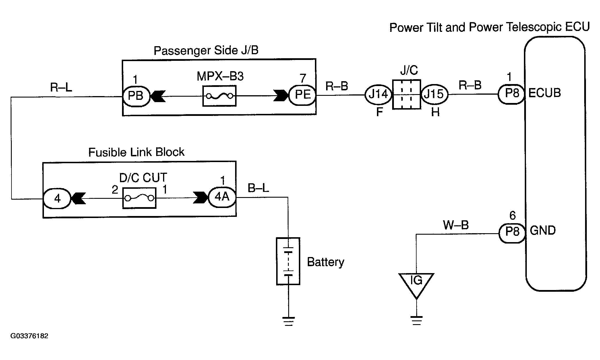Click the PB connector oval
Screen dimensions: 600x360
(136, 96)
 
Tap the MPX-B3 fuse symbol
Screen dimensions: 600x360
(219, 96)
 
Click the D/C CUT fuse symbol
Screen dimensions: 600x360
(140, 198)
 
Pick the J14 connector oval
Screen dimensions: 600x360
(378, 94)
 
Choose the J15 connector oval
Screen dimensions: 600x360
(434, 94)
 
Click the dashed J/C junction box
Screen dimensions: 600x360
(407, 94)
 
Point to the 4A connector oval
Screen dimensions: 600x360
(222, 197)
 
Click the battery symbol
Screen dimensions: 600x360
(288, 261)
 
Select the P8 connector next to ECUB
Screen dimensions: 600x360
(512, 94)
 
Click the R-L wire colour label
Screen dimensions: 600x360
(61, 87)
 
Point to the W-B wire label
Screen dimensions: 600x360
(456, 225)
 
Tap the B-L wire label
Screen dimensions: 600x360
(258, 188)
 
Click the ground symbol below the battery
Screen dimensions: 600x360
(289, 321)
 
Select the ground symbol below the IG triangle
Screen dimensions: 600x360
(416, 320)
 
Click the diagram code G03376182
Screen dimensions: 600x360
(29, 336)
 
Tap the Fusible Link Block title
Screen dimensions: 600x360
(136, 152)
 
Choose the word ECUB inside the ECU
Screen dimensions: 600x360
(545, 93)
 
